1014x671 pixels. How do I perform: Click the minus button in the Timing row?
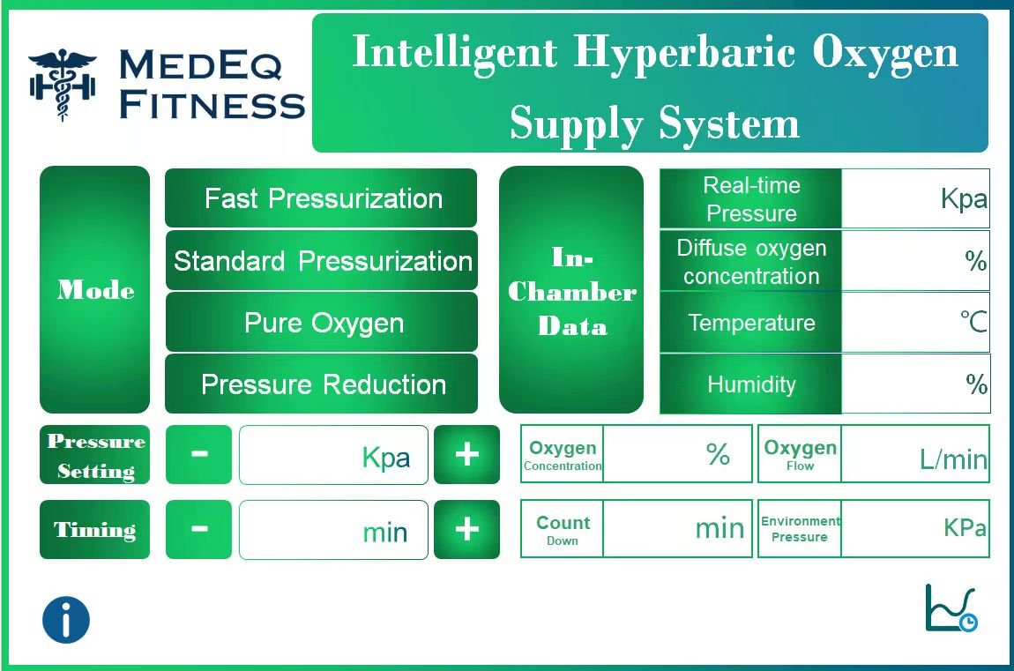pos(199,529)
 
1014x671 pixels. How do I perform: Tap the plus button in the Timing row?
pos(466,529)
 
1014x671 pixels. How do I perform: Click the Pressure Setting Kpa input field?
pos(333,455)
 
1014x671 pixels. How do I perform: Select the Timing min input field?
pos(333,530)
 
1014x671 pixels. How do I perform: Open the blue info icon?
pos(66,619)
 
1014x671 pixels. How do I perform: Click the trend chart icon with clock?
pos(951,609)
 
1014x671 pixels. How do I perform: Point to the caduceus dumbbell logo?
pos(62,84)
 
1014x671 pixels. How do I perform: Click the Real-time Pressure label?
pos(751,199)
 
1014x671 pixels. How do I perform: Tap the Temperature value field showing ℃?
pos(915,323)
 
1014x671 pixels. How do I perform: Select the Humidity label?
pos(751,384)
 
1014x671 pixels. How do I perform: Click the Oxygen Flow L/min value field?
pos(915,454)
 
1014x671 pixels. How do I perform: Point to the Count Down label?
pos(563,530)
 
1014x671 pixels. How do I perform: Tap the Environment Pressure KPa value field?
pos(915,529)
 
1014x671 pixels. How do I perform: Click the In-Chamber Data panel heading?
pos(571,291)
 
